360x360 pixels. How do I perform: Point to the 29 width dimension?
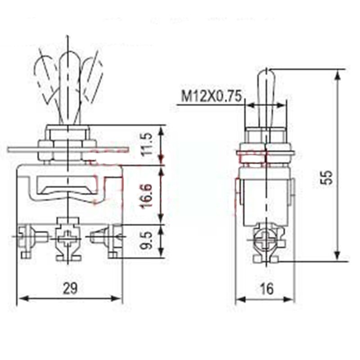tap(70, 289)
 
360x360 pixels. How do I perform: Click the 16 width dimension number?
tap(266, 289)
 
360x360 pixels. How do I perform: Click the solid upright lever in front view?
tap(68, 85)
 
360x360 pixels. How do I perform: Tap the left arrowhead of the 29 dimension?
tap(22, 298)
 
